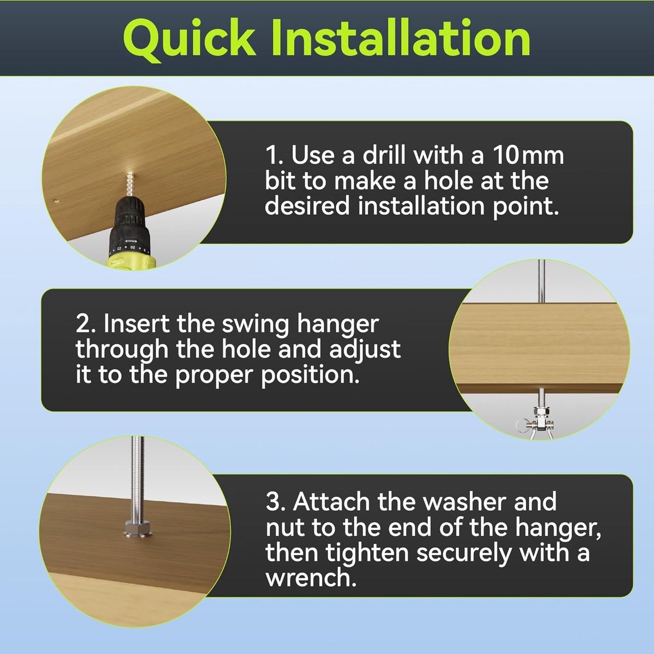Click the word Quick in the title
[x=189, y=39]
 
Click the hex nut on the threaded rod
[x=138, y=527]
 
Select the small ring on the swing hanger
[x=522, y=425]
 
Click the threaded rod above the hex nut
[x=138, y=479]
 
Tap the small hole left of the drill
[x=57, y=201]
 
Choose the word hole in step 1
[x=448, y=181]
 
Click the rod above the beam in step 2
[x=542, y=281]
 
